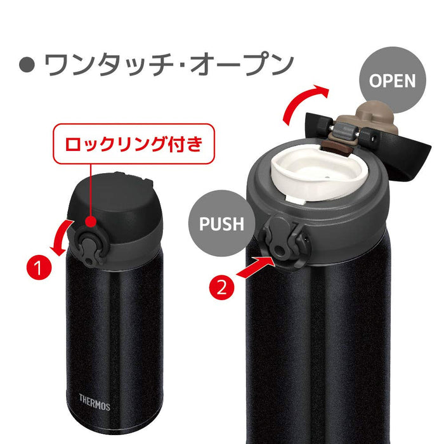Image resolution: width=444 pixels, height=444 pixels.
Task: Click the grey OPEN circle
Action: tap(392, 81)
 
